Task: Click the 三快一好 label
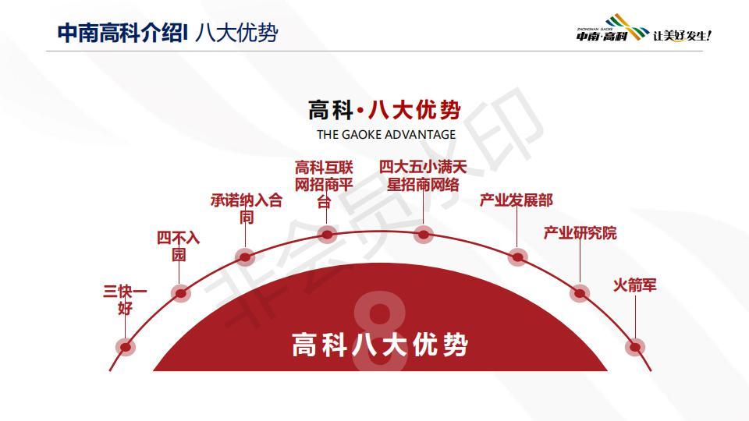(125, 299)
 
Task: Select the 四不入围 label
(178, 246)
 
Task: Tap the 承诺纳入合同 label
(247, 209)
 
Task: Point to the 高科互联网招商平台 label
(324, 184)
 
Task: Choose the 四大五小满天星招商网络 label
(423, 175)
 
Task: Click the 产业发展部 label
(516, 200)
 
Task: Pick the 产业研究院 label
(580, 233)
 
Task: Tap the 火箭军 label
(635, 285)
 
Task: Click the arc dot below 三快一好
(125, 347)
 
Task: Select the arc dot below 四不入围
(180, 293)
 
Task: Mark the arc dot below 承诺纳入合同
(245, 257)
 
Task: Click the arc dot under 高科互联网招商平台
(327, 235)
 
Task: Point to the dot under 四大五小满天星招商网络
(423, 235)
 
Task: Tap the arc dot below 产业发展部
(517, 257)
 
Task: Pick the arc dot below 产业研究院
(580, 293)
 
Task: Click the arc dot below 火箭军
(635, 347)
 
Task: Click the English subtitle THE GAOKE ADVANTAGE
(386, 135)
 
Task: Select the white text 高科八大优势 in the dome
(380, 345)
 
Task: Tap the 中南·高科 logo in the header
(612, 28)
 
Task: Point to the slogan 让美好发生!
(682, 35)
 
